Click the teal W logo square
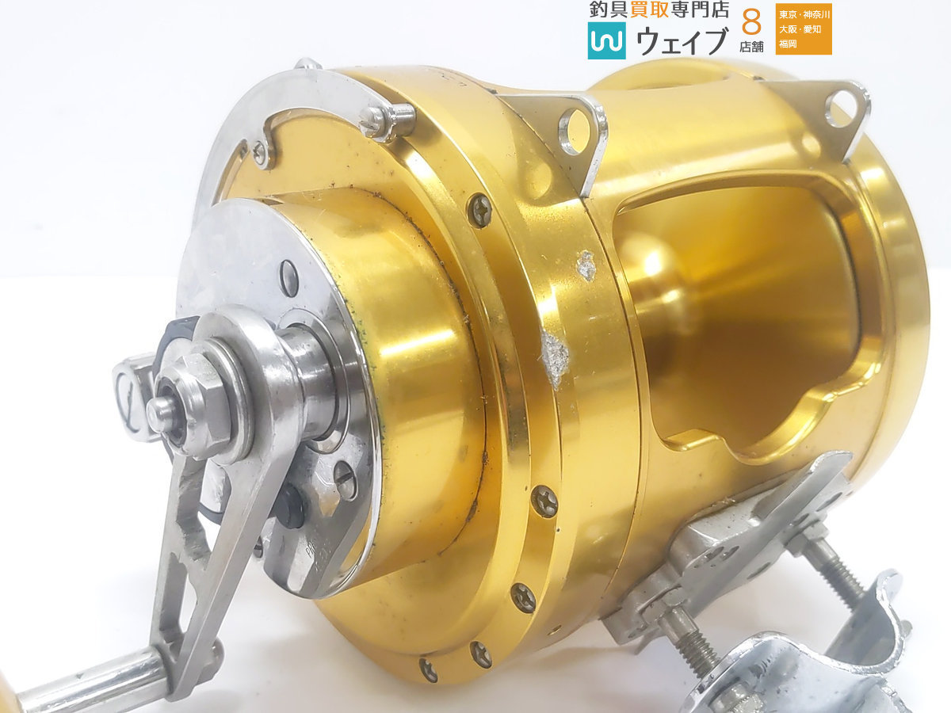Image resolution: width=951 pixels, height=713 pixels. [606, 40]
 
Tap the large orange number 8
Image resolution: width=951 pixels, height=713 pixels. [751, 22]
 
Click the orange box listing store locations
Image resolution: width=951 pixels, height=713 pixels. [804, 29]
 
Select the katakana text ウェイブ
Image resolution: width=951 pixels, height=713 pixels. [682, 41]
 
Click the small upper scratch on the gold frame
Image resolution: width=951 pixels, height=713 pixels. [587, 265]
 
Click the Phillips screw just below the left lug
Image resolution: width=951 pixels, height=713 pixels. [480, 211]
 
